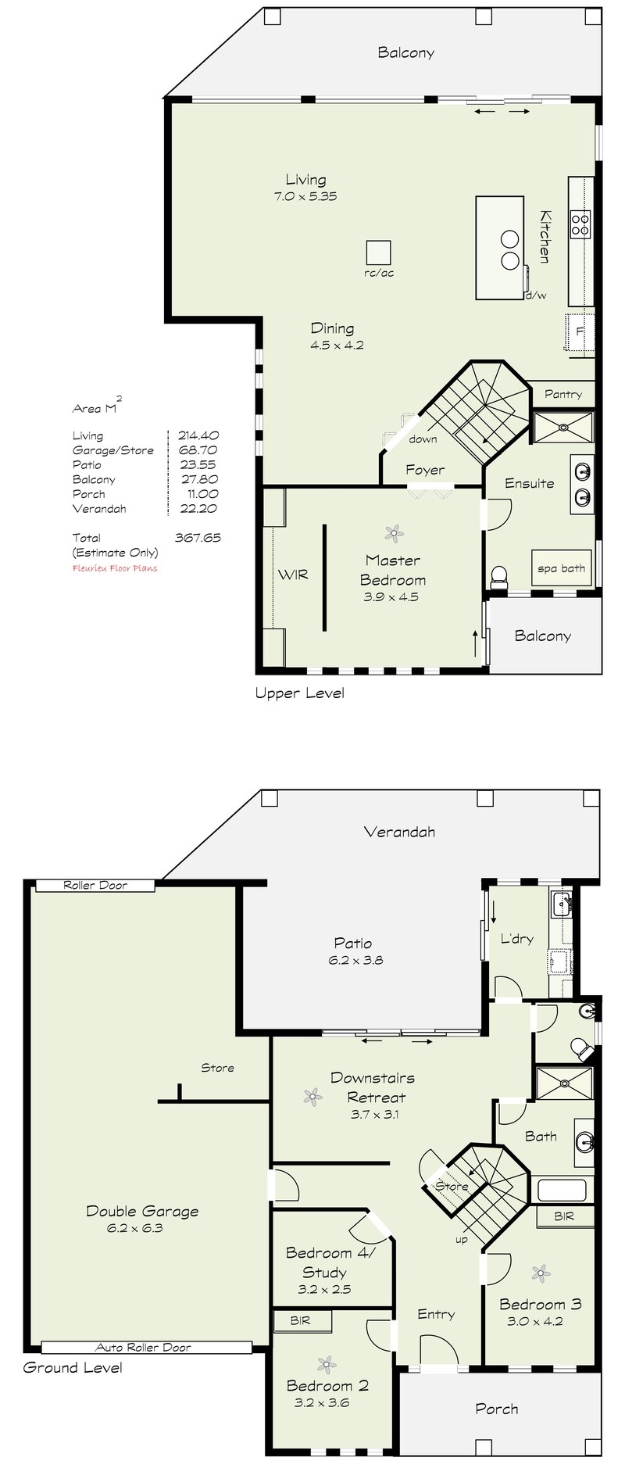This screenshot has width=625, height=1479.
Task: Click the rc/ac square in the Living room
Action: (379, 252)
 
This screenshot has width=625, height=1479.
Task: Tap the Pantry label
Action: (563, 394)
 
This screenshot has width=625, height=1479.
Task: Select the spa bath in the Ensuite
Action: (562, 568)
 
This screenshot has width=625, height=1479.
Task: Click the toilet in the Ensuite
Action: (498, 578)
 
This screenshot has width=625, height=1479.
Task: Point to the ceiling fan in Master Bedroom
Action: (395, 534)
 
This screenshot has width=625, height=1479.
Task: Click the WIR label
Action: (293, 575)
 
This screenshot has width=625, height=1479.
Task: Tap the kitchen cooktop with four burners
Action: (580, 224)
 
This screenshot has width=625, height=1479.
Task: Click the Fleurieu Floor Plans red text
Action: (115, 568)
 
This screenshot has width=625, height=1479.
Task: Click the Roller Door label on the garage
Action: (95, 885)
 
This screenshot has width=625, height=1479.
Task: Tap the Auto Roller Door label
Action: (143, 1347)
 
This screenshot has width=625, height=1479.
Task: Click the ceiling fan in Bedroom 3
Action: (541, 1273)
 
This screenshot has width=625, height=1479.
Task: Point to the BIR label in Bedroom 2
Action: (300, 1320)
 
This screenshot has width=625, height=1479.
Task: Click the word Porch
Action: (497, 1409)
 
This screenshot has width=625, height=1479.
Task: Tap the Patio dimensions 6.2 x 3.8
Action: (355, 960)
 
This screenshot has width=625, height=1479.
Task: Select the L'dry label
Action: (516, 938)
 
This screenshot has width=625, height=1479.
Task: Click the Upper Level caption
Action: (300, 693)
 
